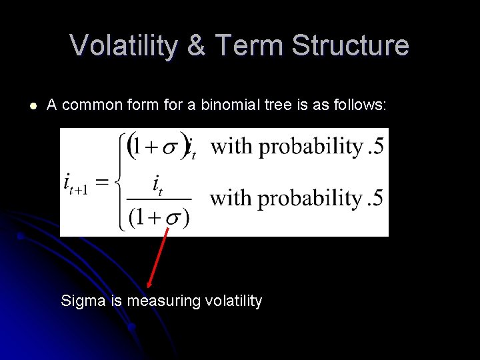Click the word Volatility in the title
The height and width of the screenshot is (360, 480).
pos(124,45)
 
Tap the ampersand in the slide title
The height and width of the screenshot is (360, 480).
pos(197,45)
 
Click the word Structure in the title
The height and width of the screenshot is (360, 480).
pos(351,45)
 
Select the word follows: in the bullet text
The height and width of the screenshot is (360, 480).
pos(361,105)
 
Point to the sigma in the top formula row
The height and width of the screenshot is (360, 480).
pos(169,147)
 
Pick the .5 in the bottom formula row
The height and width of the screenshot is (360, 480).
pos(375,198)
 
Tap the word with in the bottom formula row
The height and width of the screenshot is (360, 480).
pos(231,198)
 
